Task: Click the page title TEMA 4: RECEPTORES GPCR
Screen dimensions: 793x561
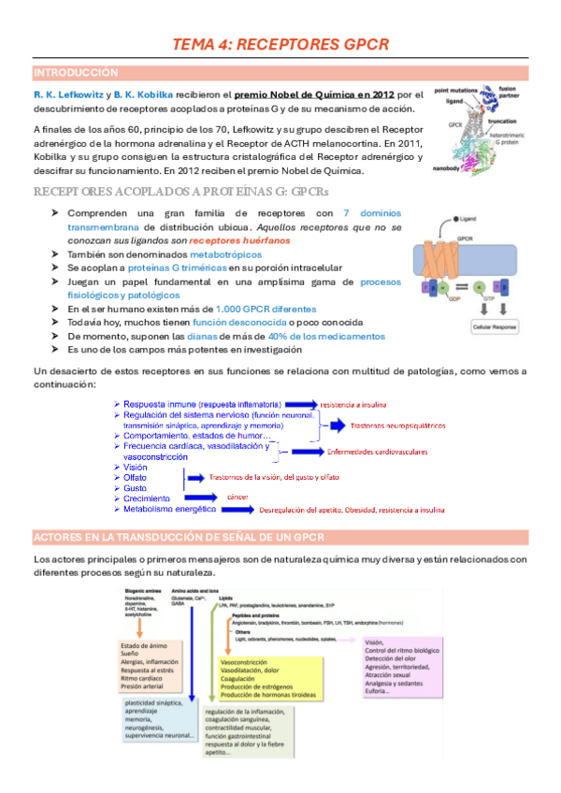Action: (280, 44)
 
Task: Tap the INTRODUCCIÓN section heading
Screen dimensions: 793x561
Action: (77, 72)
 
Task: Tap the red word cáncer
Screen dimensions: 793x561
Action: (238, 495)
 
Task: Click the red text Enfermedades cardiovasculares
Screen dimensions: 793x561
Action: (377, 453)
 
